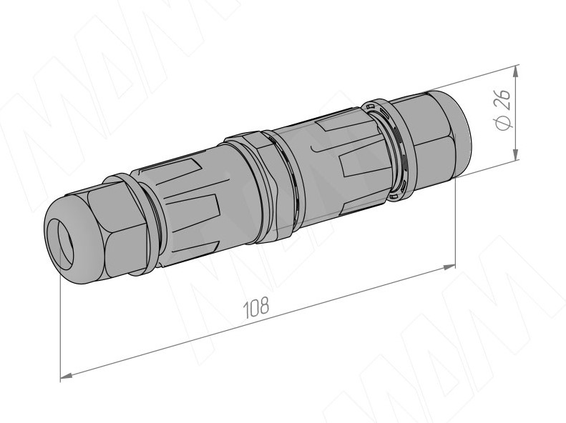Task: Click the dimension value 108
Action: pyautogui.click(x=256, y=308)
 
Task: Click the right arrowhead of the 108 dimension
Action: pyautogui.click(x=449, y=267)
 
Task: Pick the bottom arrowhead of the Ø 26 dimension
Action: pyautogui.click(x=516, y=154)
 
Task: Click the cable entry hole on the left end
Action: pyautogui.click(x=60, y=242)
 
